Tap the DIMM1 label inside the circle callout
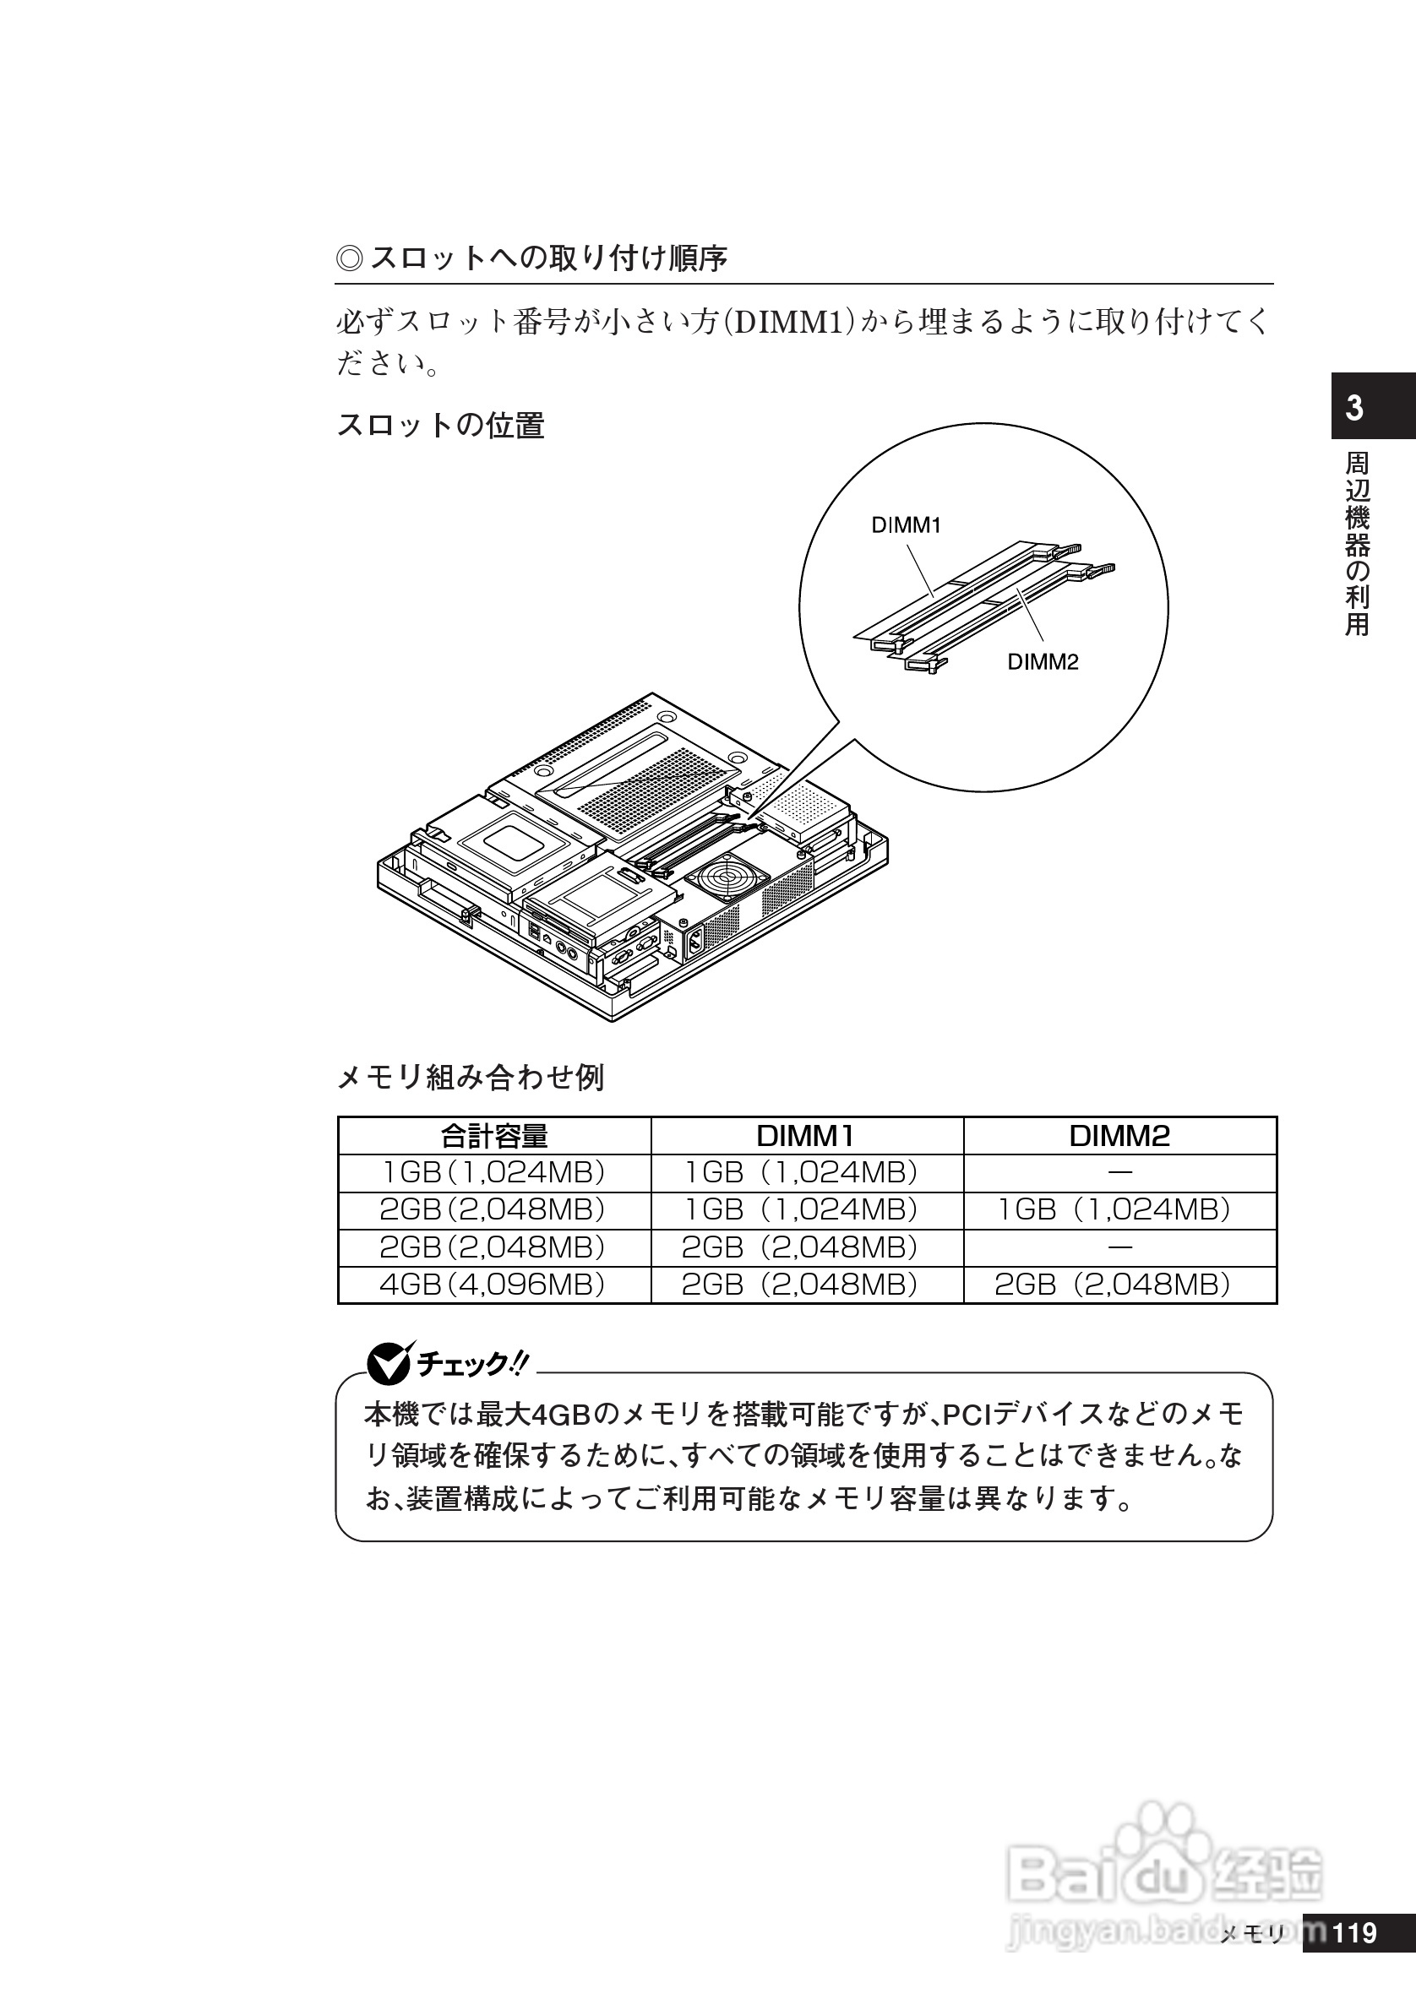click(906, 525)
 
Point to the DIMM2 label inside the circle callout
click(1042, 662)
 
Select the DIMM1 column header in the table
click(806, 1136)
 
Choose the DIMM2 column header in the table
click(1119, 1136)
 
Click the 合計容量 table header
click(494, 1136)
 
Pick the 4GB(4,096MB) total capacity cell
click(493, 1285)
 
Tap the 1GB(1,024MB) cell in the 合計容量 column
click(493, 1172)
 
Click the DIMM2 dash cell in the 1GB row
click(1120, 1172)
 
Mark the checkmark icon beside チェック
click(387, 1364)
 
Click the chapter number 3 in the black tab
click(1353, 409)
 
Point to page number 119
click(1353, 1932)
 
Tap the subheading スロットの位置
click(440, 426)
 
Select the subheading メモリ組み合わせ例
click(471, 1077)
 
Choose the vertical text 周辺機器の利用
click(1357, 544)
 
